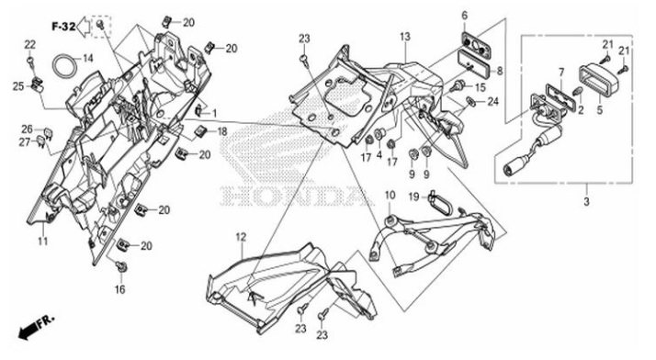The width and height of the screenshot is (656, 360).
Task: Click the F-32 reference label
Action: click(x=63, y=27)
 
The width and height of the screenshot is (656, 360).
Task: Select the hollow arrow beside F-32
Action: click(x=85, y=28)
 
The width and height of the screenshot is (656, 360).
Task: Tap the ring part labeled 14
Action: click(x=65, y=65)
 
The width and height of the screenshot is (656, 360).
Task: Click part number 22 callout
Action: click(x=30, y=45)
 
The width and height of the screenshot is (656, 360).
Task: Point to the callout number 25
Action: click(x=18, y=86)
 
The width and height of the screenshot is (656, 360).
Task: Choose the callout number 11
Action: click(x=43, y=242)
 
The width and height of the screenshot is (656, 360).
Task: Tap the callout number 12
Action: click(x=241, y=237)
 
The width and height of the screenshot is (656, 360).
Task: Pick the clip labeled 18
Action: click(x=200, y=131)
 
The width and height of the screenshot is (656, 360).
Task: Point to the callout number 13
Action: click(x=405, y=37)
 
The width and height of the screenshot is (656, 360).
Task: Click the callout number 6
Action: click(x=464, y=16)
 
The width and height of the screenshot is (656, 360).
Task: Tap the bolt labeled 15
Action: click(x=457, y=88)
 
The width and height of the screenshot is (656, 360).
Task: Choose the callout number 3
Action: click(x=586, y=201)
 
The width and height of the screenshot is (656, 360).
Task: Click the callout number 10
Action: click(x=390, y=196)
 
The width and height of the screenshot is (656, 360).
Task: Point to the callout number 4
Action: click(x=379, y=155)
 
